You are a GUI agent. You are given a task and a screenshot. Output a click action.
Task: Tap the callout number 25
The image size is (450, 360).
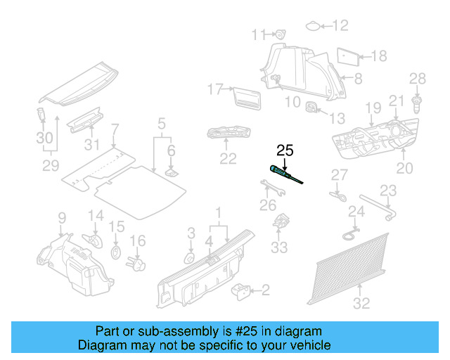(x=285, y=150)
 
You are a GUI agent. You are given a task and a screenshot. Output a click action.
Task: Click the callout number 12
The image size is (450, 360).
(x=340, y=26)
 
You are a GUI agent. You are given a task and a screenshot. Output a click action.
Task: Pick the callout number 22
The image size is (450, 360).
(x=228, y=159)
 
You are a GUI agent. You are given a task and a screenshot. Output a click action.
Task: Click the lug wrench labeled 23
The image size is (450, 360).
(x=376, y=210)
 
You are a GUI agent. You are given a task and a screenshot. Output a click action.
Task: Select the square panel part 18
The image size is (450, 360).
(x=347, y=56)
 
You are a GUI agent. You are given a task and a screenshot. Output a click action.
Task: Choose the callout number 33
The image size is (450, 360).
(x=280, y=248)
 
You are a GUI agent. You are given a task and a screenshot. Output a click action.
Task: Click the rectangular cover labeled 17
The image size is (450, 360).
(x=243, y=96)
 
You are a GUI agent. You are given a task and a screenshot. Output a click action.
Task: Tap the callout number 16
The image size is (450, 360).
(x=138, y=241)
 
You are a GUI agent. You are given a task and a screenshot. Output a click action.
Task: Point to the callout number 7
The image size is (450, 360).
(x=115, y=129)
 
